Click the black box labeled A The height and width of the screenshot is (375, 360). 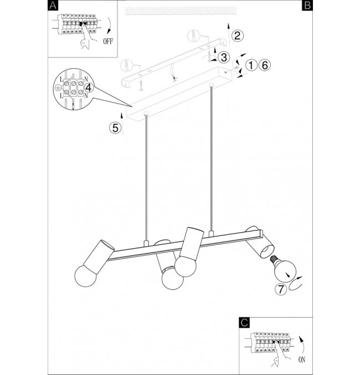[x=53, y=5]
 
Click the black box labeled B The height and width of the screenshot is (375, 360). [x=307, y=5]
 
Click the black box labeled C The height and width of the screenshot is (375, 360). [x=244, y=322]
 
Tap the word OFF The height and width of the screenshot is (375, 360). [x=108, y=42]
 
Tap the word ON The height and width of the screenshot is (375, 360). [x=302, y=359]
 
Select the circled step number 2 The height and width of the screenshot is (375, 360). [x=237, y=35]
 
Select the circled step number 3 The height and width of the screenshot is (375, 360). [x=224, y=58]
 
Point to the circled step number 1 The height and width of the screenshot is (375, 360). [x=251, y=65]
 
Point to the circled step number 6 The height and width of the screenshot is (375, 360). [x=265, y=65]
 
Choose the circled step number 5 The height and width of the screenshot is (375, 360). [x=115, y=128]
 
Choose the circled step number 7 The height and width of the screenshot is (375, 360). [x=281, y=289]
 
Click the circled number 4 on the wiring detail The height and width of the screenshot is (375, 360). [x=88, y=88]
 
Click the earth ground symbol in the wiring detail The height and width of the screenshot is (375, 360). [x=57, y=88]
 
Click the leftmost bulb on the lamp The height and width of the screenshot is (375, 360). [x=85, y=276]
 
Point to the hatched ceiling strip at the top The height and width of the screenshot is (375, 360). [x=181, y=11]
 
